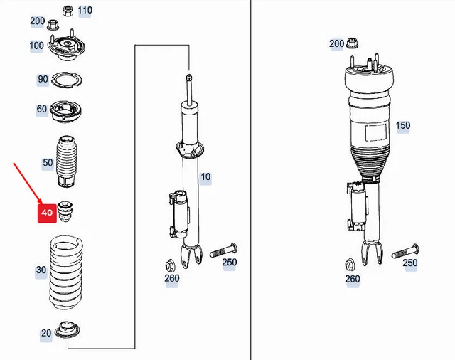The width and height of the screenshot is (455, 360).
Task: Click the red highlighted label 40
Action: click(47, 212)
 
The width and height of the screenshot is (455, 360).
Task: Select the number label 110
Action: click(85, 10)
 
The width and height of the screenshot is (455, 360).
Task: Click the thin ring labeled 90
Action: click(68, 80)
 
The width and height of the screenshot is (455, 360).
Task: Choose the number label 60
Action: click(43, 109)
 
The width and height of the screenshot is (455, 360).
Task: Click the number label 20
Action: click(46, 333)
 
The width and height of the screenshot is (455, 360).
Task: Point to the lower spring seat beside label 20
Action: click(69, 331)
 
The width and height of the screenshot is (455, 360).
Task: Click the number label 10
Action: click(205, 176)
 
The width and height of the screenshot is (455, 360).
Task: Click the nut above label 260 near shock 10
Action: click(171, 262)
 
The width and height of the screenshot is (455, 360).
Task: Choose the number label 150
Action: click(403, 125)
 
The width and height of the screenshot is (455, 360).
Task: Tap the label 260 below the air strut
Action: click(353, 278)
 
